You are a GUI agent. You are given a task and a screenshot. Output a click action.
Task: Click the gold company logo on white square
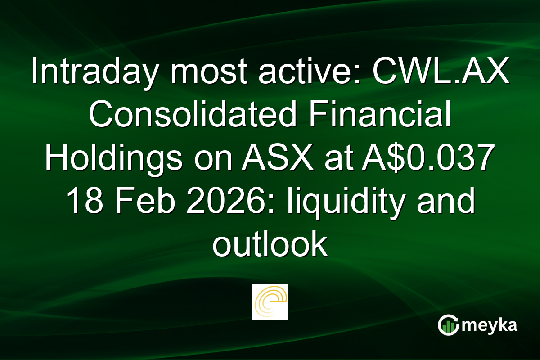[270, 302]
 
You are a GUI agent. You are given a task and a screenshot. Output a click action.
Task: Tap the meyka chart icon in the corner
[448, 325]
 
